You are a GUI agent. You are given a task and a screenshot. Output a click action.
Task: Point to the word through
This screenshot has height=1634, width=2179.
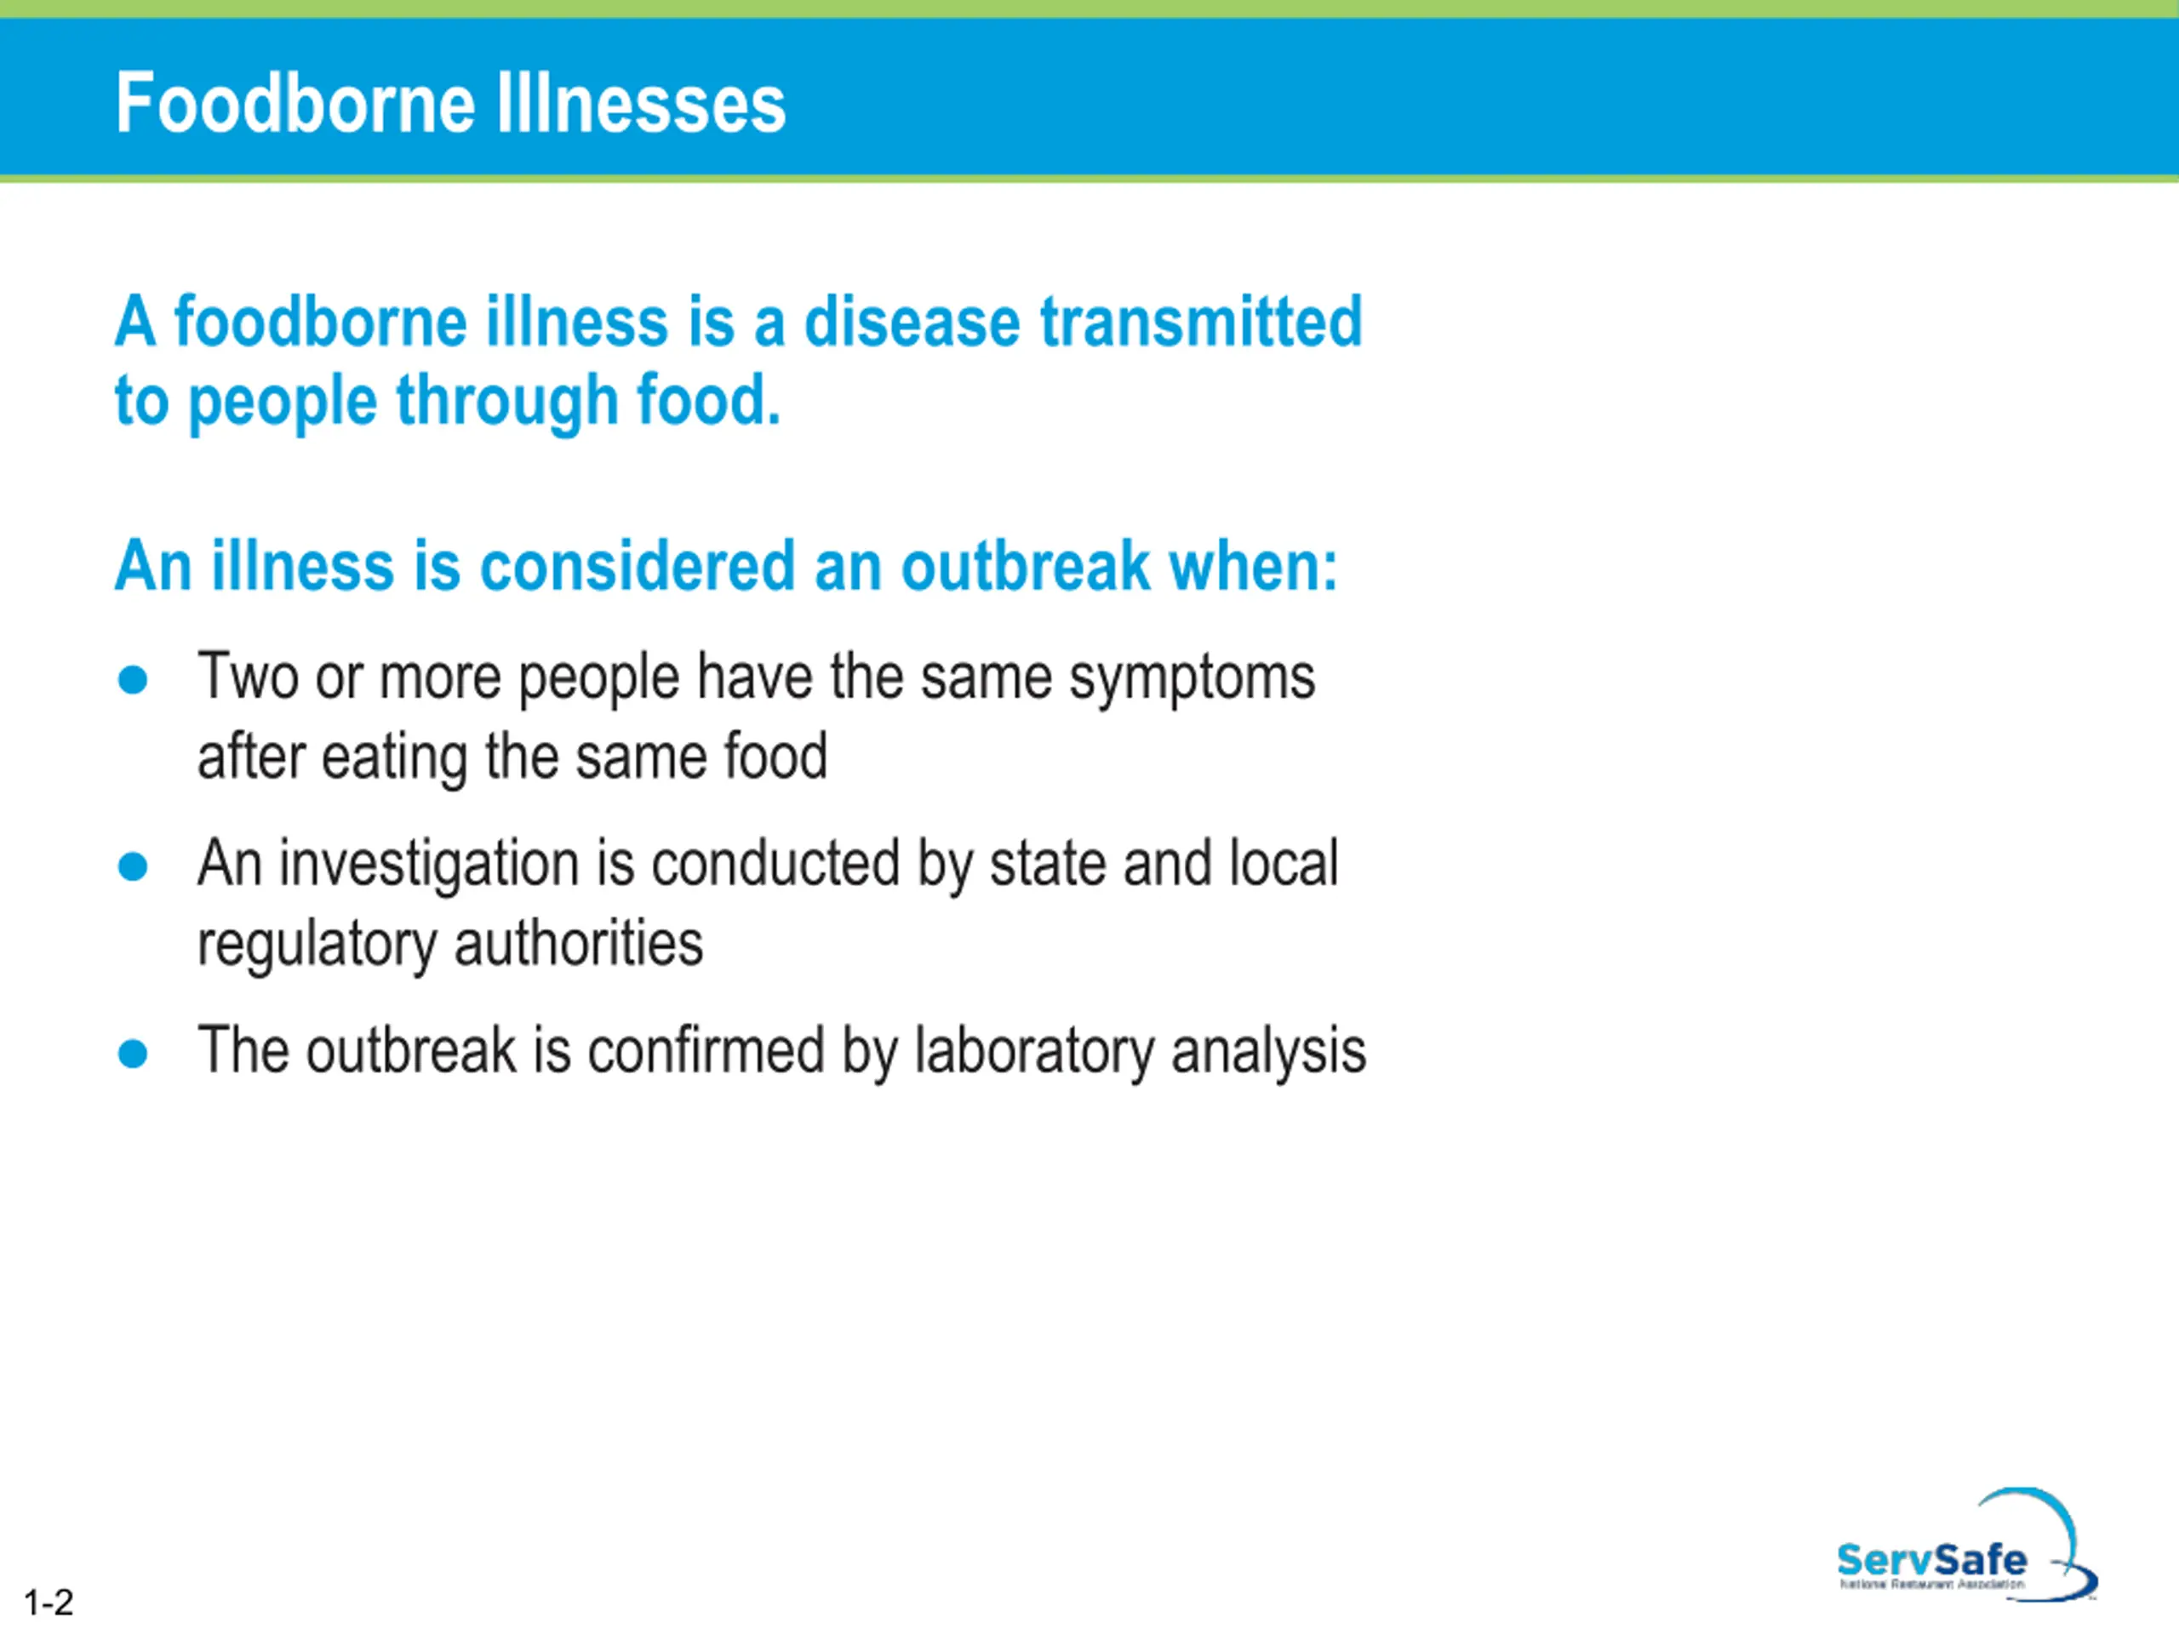click(x=506, y=401)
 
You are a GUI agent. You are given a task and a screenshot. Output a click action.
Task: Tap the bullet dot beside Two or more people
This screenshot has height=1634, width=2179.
click(x=133, y=680)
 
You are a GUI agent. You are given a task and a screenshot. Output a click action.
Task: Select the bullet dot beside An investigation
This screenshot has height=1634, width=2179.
click(x=133, y=866)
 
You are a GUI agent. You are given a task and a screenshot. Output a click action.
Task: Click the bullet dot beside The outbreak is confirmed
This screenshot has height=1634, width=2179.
click(x=133, y=1054)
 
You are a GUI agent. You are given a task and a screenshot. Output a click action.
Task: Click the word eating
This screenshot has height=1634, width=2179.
click(x=394, y=758)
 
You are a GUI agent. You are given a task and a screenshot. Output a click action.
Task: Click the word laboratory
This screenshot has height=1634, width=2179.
click(x=1034, y=1052)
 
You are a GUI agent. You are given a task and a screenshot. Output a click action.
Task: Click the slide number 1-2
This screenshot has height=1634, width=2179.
click(x=49, y=1603)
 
